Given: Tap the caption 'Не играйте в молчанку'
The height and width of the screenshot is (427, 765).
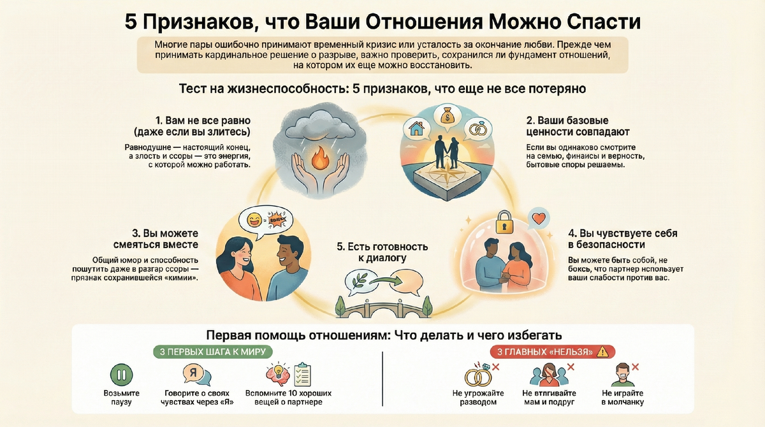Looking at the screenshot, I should [622, 398].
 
